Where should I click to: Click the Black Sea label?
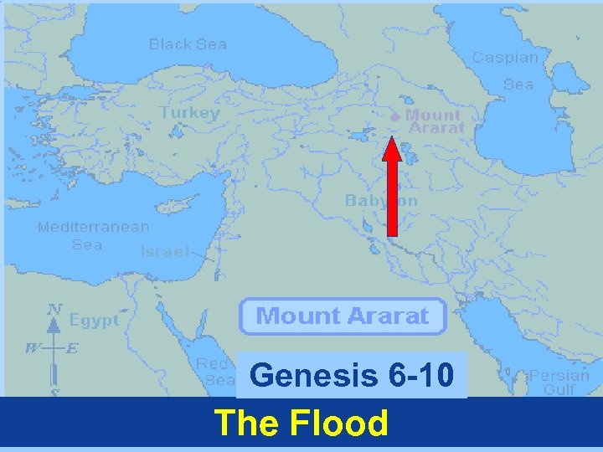click(x=188, y=44)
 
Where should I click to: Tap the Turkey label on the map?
click(x=190, y=112)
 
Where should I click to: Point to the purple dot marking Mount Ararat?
click(x=396, y=117)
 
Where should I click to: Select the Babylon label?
click(x=381, y=201)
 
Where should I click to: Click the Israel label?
click(x=164, y=251)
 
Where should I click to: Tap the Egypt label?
click(x=94, y=320)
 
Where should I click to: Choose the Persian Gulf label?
click(x=559, y=383)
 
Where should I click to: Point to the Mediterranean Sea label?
click(x=93, y=235)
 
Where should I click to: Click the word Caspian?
click(x=505, y=57)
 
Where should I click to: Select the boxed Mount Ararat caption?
click(x=342, y=316)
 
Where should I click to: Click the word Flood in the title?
click(x=340, y=424)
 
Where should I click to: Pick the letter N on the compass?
click(x=54, y=309)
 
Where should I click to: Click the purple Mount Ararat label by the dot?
click(x=434, y=121)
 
